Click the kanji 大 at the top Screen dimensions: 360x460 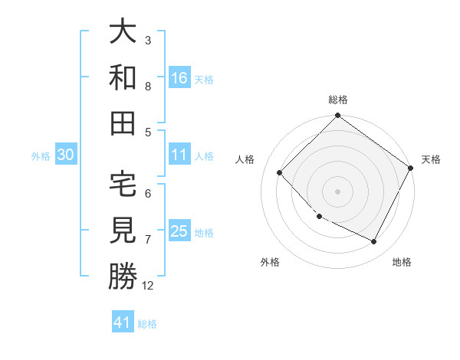pyautogui.click(x=123, y=32)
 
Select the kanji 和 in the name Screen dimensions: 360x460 pyautogui.click(x=123, y=77)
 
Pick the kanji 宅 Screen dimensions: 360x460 pyautogui.click(x=123, y=184)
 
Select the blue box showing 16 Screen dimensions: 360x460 pyautogui.click(x=179, y=77)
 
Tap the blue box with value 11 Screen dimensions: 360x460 pyautogui.click(x=179, y=155)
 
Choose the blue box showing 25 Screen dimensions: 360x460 pyautogui.click(x=179, y=231)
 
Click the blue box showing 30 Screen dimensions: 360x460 pyautogui.click(x=65, y=155)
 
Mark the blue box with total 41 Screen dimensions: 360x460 pyautogui.click(x=123, y=322)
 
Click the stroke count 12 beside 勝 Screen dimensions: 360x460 pyautogui.click(x=148, y=286)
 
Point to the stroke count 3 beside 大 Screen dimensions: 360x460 pyautogui.click(x=148, y=40)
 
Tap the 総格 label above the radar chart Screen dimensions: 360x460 pyautogui.click(x=338, y=100)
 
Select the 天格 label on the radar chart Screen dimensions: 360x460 pyautogui.click(x=431, y=159)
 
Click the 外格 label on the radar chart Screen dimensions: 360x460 pyautogui.click(x=270, y=262)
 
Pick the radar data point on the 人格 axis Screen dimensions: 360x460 pyautogui.click(x=280, y=172)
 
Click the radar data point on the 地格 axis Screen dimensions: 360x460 pyautogui.click(x=374, y=242)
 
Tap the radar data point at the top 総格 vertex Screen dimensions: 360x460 pyautogui.click(x=337, y=117)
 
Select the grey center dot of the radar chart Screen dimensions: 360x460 pyautogui.click(x=337, y=191)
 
